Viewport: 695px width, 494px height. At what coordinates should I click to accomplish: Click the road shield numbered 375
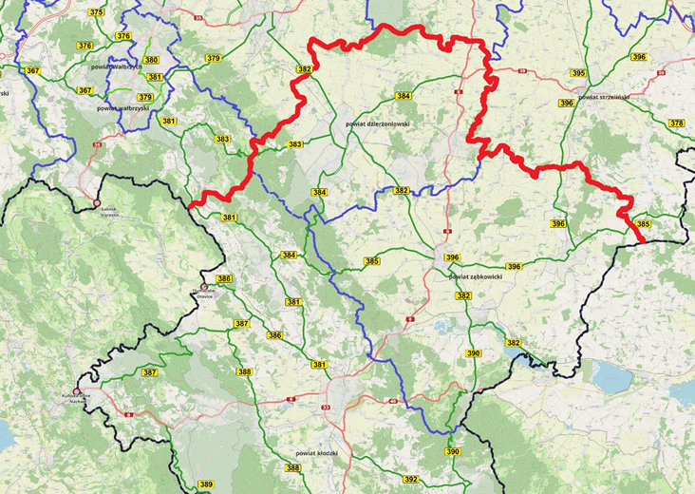tap(96, 12)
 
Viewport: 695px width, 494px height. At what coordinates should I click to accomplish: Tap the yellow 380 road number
tap(151, 60)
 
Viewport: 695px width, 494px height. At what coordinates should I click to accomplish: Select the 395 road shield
tap(578, 73)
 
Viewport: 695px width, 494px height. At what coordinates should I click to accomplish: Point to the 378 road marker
tap(676, 123)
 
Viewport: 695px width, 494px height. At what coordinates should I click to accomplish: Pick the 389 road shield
tap(206, 485)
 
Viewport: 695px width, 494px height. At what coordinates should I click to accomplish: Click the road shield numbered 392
tap(410, 480)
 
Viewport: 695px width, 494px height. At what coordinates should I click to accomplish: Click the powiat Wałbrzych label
tap(116, 67)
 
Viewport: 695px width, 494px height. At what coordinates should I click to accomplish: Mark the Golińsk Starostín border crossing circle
tap(96, 203)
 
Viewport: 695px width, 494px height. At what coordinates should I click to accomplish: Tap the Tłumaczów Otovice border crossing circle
tap(203, 287)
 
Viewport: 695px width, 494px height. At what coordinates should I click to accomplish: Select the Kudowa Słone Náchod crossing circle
tap(76, 390)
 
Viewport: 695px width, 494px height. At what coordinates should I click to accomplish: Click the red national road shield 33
tap(326, 408)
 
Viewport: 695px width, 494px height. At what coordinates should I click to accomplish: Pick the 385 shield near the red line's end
tap(644, 224)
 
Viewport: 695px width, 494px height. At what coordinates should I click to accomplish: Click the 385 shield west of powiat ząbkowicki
tap(371, 260)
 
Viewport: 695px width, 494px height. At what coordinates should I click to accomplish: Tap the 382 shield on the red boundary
tap(304, 69)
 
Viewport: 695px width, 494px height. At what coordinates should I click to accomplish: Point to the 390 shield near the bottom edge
tap(453, 451)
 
